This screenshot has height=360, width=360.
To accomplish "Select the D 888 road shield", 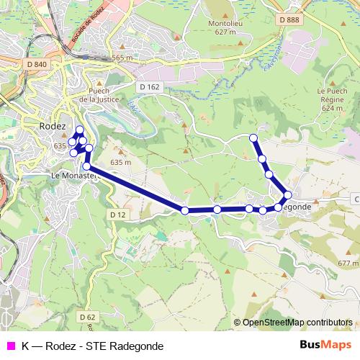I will point(289,19).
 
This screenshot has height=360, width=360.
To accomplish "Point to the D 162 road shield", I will point(149,87).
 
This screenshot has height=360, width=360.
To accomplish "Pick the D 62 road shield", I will point(88,317).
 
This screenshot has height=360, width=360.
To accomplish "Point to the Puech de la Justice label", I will point(102,95).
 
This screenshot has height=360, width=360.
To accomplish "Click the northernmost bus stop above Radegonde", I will point(253,138).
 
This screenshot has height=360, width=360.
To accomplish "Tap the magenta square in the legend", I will point(11,346).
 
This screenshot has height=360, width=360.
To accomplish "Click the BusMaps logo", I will point(325,345).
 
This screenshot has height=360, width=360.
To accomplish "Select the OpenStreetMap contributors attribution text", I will point(295,323).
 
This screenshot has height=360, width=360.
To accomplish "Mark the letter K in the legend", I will point(26,346).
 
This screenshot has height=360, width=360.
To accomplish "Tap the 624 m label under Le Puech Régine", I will point(332,108).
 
